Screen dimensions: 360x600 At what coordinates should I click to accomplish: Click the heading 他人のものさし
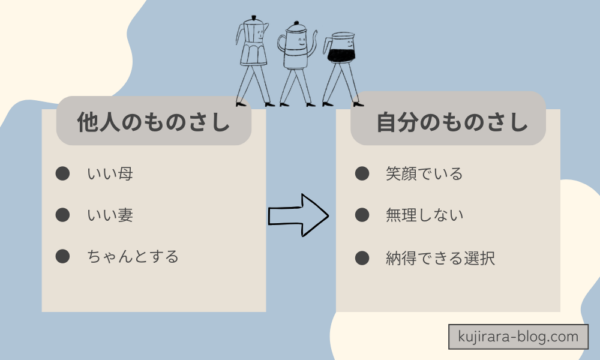coord(153,124)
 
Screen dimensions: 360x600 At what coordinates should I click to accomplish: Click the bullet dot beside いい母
coord(62,174)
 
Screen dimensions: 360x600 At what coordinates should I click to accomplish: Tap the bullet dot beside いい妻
coord(62,215)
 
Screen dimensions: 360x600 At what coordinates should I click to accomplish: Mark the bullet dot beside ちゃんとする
coord(62,256)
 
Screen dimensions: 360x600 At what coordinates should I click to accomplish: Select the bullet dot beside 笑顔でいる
coord(362,174)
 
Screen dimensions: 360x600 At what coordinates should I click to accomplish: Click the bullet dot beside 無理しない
coord(362,215)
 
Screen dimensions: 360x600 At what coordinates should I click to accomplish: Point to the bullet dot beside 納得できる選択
coord(362,256)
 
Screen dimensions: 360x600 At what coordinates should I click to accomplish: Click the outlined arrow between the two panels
coord(298,213)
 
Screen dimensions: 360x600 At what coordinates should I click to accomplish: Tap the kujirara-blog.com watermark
coord(519,337)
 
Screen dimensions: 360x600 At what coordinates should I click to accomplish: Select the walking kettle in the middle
coord(294,60)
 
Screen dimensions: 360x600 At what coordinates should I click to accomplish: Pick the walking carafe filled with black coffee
coord(339,60)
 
